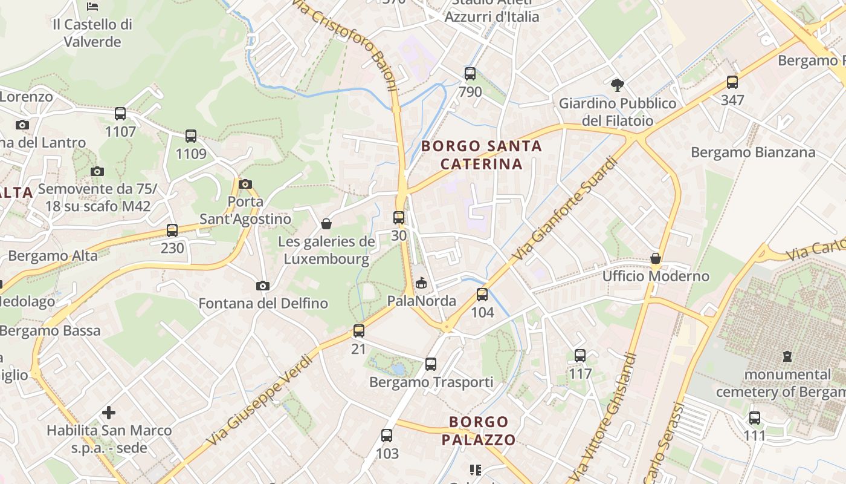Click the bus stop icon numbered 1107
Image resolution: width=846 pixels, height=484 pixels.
pyautogui.click(x=120, y=113)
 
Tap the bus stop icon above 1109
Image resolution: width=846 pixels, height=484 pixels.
pyautogui.click(x=191, y=136)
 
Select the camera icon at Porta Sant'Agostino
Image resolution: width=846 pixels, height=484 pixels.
pyautogui.click(x=245, y=184)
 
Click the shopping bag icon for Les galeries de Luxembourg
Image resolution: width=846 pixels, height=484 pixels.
pyautogui.click(x=326, y=224)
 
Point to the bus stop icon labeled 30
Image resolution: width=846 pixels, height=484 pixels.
pyautogui.click(x=399, y=217)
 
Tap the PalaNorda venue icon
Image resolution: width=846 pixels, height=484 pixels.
pyautogui.click(x=421, y=283)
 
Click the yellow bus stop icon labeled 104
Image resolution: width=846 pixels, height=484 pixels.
pyautogui.click(x=482, y=295)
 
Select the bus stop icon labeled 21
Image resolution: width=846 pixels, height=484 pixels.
pyautogui.click(x=359, y=331)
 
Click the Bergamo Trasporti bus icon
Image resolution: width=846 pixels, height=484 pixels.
pyautogui.click(x=431, y=364)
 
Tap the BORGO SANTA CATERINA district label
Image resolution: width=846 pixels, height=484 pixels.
pyautogui.click(x=481, y=155)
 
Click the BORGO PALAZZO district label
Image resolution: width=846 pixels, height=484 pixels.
pyautogui.click(x=479, y=431)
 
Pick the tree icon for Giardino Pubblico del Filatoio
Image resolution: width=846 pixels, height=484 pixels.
pyautogui.click(x=617, y=85)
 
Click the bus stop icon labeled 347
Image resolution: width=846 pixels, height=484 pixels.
pyautogui.click(x=732, y=82)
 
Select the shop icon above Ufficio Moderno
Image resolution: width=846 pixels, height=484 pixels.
pyautogui.click(x=656, y=259)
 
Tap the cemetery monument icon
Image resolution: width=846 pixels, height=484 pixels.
pyautogui.click(x=787, y=356)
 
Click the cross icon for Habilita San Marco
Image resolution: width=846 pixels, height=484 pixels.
pyautogui.click(x=109, y=413)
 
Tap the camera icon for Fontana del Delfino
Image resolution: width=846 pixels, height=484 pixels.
pyautogui.click(x=262, y=286)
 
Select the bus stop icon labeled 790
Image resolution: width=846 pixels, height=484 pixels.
pyautogui.click(x=470, y=74)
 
